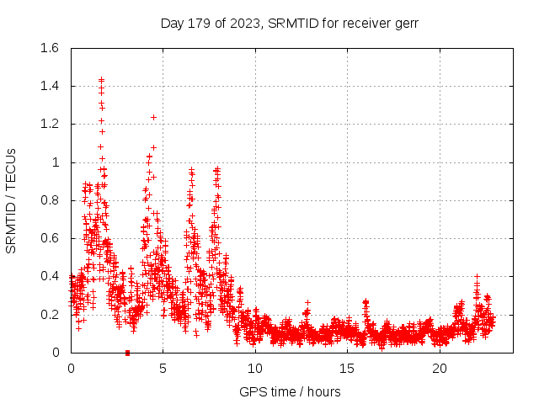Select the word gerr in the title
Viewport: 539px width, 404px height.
pyautogui.click(x=404, y=24)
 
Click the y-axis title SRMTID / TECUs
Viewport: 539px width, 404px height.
pyautogui.click(x=12, y=200)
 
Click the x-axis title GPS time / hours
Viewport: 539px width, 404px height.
pyautogui.click(x=290, y=391)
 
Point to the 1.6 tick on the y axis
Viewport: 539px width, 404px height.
pyautogui.click(x=49, y=48)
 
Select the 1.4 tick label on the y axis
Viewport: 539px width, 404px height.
pyautogui.click(x=49, y=86)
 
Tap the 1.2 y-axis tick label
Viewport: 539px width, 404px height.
pyautogui.click(x=49, y=124)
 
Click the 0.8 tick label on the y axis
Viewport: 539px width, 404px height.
pyautogui.click(x=49, y=200)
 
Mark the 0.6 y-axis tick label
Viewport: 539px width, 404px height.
pyautogui.click(x=49, y=238)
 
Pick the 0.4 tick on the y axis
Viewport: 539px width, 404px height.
pyautogui.click(x=49, y=276)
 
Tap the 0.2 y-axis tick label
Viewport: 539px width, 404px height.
pyautogui.click(x=49, y=315)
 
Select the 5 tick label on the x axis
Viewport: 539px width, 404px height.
pyautogui.click(x=163, y=369)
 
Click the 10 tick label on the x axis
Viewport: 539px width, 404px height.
pyautogui.click(x=254, y=369)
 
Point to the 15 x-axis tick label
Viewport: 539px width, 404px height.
pyautogui.click(x=347, y=369)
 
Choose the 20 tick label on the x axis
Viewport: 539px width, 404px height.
pyautogui.click(x=439, y=369)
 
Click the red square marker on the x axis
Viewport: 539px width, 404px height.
pyautogui.click(x=127, y=352)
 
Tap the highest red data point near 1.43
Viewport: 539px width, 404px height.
pyautogui.click(x=101, y=80)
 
